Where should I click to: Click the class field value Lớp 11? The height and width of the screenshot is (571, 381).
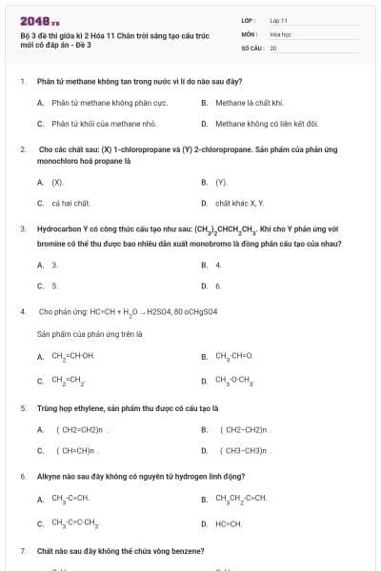pyautogui.click(x=278, y=20)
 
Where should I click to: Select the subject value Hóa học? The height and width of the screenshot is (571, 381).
pyautogui.click(x=280, y=33)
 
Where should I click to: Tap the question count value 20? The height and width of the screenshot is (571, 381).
pyautogui.click(x=273, y=47)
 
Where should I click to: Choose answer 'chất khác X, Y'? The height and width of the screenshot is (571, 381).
pyautogui.click(x=239, y=203)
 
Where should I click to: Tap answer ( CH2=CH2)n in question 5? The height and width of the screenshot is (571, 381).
pyautogui.click(x=77, y=429)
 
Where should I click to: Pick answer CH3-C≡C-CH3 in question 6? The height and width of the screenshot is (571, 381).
pyautogui.click(x=75, y=523)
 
